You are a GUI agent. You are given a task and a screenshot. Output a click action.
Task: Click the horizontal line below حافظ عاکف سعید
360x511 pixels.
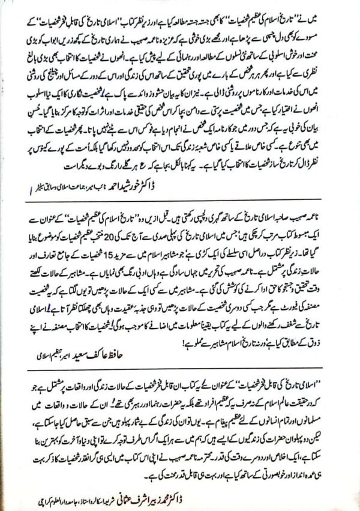pos(180,366)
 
